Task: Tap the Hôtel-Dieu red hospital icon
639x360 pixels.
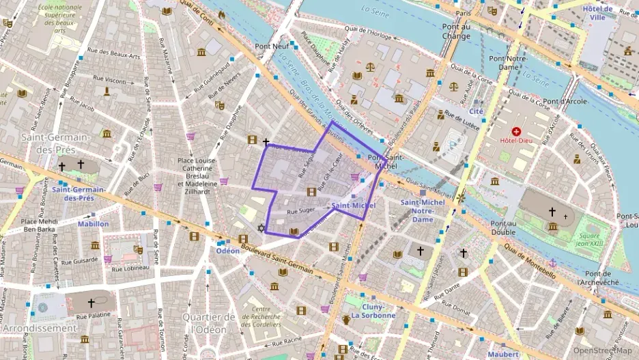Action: pyautogui.click(x=515, y=130)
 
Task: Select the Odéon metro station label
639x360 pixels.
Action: pyautogui.click(x=228, y=251)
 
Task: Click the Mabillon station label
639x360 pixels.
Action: pyautogui.click(x=93, y=223)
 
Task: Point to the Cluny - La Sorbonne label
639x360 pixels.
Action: pyautogui.click(x=369, y=311)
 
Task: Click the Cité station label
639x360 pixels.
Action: pyautogui.click(x=476, y=111)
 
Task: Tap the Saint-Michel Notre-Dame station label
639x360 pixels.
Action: pyautogui.click(x=423, y=210)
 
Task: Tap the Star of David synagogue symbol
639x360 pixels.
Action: pyautogui.click(x=260, y=227)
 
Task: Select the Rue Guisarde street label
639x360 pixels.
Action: pyautogui.click(x=76, y=260)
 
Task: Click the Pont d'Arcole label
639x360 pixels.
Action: pyautogui.click(x=564, y=101)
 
